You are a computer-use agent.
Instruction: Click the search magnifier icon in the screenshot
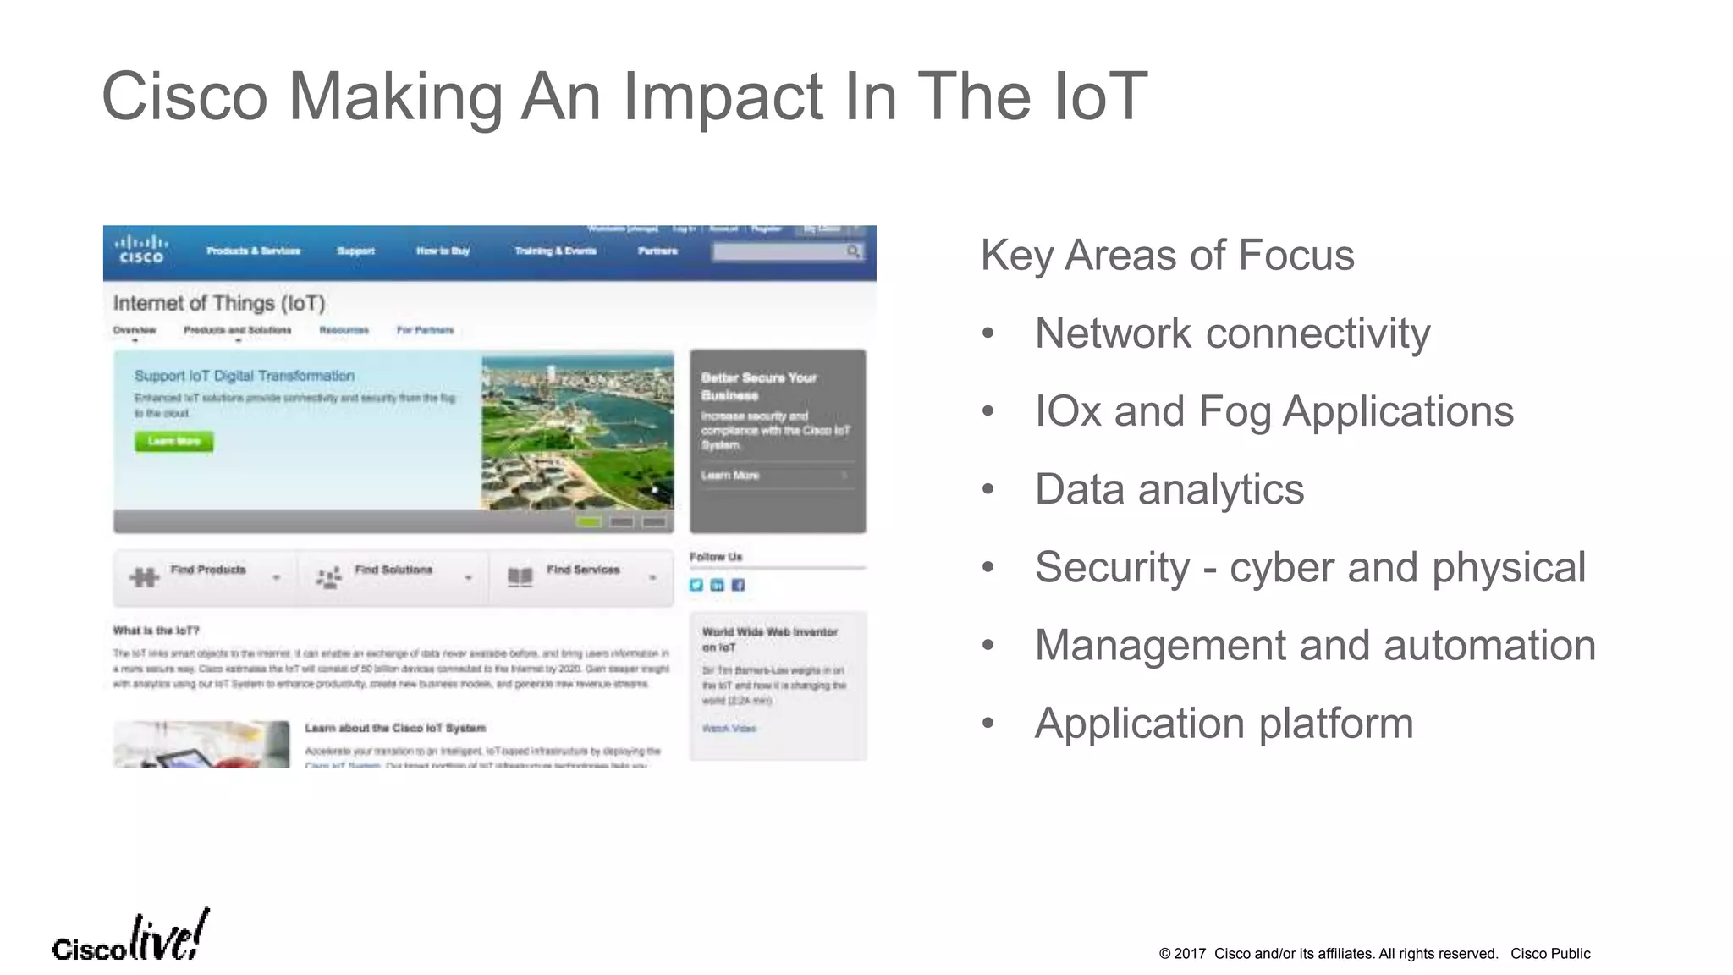pyautogui.click(x=853, y=251)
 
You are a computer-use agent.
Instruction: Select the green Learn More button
pyautogui.click(x=173, y=441)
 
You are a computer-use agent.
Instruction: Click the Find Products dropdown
pyautogui.click(x=206, y=577)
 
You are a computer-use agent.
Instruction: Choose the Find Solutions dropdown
pyautogui.click(x=393, y=577)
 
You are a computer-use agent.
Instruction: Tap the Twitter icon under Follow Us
pyautogui.click(x=696, y=585)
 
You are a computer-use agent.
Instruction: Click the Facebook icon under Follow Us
pyautogui.click(x=738, y=585)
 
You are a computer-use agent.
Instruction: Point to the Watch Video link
pyautogui.click(x=729, y=728)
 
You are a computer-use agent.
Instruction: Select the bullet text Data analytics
pyautogui.click(x=1169, y=489)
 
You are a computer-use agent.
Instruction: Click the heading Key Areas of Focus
pyautogui.click(x=1167, y=255)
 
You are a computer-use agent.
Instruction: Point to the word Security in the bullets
pyautogui.click(x=1112, y=567)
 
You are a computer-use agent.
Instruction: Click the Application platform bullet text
pyautogui.click(x=1224, y=724)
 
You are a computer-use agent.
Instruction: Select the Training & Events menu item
pyautogui.click(x=555, y=251)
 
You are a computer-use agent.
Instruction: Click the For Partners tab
pyautogui.click(x=425, y=330)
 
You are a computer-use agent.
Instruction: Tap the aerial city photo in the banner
pyautogui.click(x=578, y=432)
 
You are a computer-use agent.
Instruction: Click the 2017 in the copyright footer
pyautogui.click(x=1189, y=954)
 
